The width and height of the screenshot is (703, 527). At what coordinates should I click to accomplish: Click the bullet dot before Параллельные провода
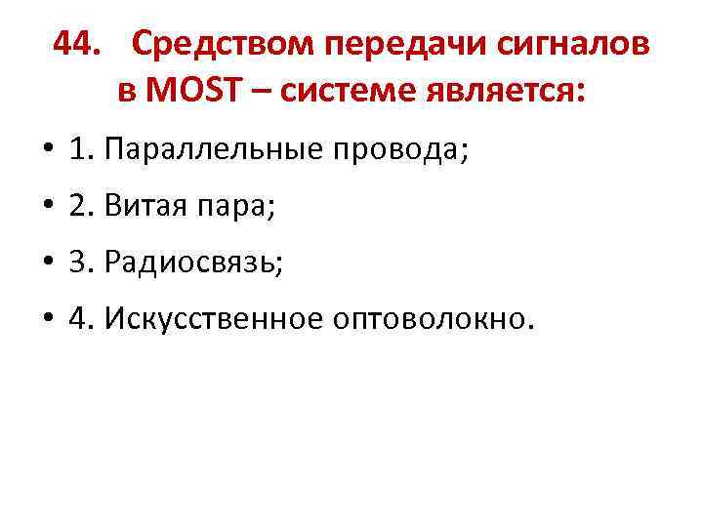click(46, 152)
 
